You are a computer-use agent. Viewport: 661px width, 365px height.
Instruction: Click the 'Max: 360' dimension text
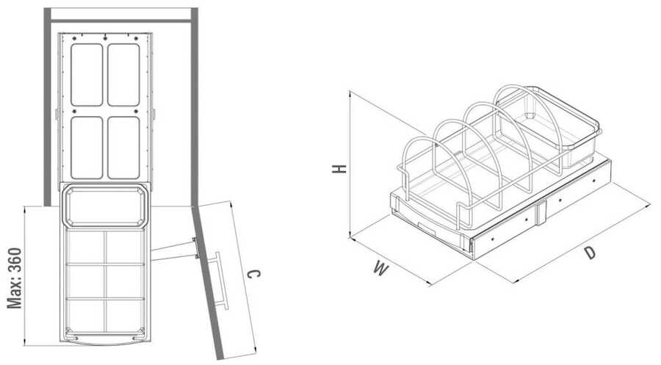(x=15, y=278)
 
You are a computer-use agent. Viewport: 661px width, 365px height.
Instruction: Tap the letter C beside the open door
(x=253, y=274)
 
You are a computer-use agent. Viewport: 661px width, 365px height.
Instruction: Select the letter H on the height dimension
(x=339, y=169)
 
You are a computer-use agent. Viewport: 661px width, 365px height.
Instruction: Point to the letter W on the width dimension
(x=381, y=268)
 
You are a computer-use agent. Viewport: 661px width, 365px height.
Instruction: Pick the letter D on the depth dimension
(x=590, y=253)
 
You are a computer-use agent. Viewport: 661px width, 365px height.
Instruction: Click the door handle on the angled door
(x=222, y=281)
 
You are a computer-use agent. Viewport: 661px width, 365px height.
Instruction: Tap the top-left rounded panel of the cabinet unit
(x=87, y=75)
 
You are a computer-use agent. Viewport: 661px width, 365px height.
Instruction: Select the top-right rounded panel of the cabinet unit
(x=123, y=75)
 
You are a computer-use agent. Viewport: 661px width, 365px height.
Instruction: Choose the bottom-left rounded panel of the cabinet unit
(x=87, y=148)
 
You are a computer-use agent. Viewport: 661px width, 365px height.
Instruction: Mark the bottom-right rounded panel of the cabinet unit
(x=123, y=148)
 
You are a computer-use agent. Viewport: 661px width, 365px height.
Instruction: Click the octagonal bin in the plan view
(x=105, y=206)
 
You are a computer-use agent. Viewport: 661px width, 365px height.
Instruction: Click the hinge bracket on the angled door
(x=195, y=247)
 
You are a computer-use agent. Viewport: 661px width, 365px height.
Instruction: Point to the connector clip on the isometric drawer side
(x=541, y=213)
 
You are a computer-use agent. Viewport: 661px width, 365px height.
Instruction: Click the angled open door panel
(x=207, y=283)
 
